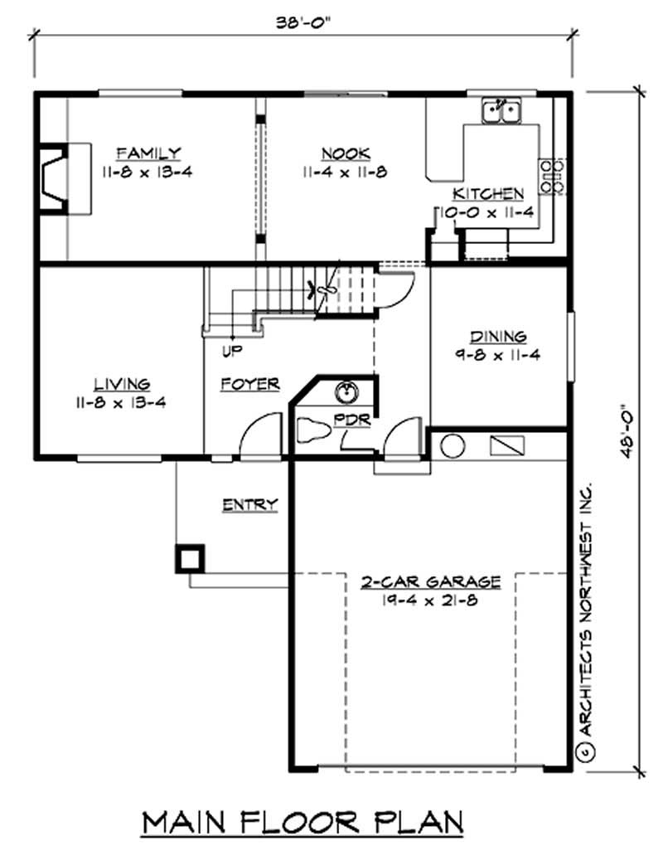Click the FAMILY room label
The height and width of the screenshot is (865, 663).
148,153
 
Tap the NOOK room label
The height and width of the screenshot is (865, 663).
345,153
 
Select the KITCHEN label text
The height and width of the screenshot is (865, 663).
488,194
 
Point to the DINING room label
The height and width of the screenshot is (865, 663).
498,337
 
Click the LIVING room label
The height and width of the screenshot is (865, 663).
121,384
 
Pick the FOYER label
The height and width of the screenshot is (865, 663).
249,384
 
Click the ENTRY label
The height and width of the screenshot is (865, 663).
249,504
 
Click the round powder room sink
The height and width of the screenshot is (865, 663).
347,391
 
